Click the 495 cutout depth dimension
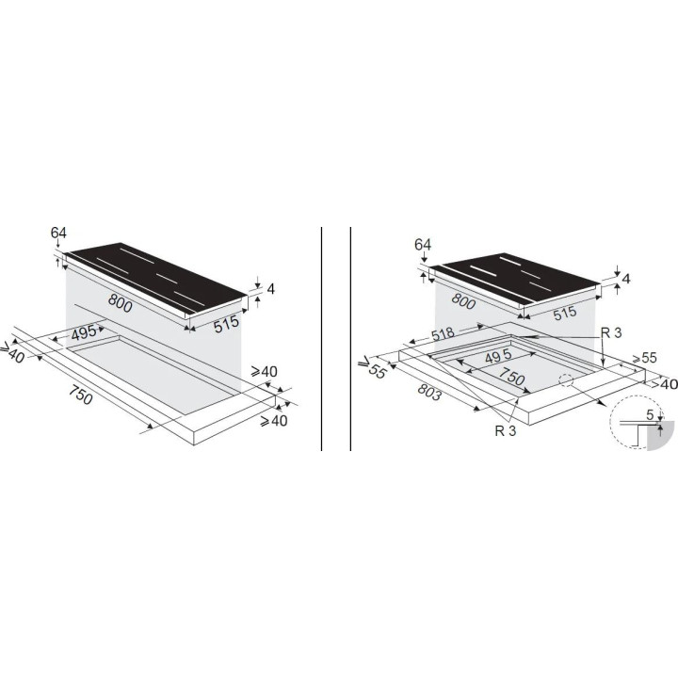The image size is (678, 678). [x=84, y=333]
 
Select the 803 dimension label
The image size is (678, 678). [x=429, y=392]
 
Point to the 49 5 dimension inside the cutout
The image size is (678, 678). [x=498, y=356]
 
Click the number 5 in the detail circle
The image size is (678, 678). [x=650, y=415]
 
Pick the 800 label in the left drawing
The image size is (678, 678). [x=120, y=303]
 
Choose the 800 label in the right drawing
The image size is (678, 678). [x=463, y=300]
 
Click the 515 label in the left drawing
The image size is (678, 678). [x=227, y=324]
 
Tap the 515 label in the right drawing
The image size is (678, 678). [x=564, y=314]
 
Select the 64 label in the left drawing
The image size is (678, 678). [x=58, y=233]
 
